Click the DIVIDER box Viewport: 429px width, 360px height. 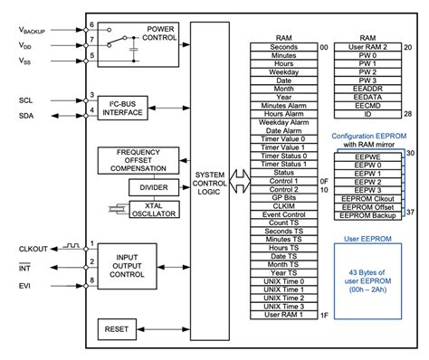click(x=153, y=186)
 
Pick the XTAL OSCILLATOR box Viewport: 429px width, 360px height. click(x=153, y=209)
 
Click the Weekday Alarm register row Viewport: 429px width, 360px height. click(x=283, y=122)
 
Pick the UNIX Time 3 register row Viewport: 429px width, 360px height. click(x=283, y=305)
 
